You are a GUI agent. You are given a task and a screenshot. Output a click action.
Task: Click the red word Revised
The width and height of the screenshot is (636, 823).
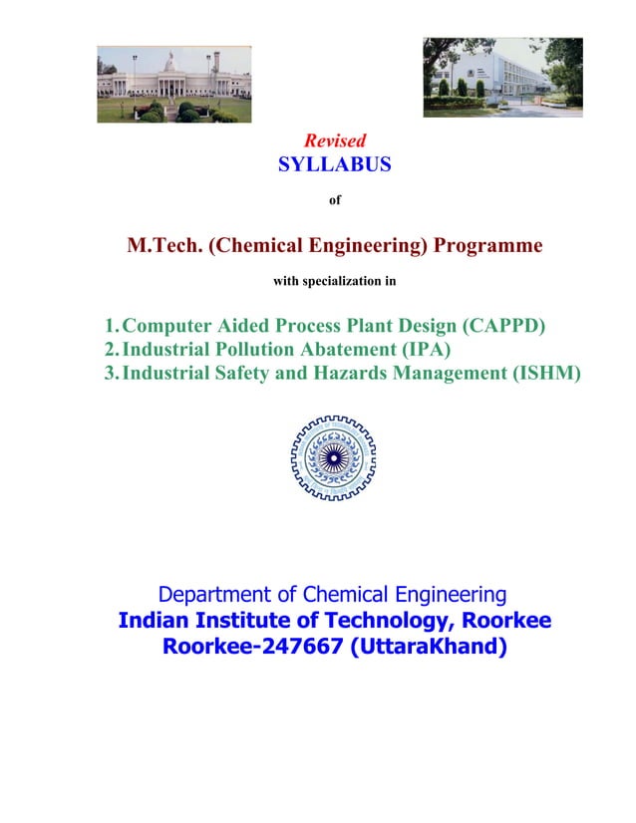334,140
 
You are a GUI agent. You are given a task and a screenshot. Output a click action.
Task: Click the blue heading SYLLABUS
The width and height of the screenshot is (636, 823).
334,164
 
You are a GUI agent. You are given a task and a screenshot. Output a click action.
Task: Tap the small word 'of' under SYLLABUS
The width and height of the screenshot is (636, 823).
335,200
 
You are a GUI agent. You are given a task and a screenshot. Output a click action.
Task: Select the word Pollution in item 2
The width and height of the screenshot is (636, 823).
254,350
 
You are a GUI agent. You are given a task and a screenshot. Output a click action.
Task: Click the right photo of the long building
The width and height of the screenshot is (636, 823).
502,77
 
